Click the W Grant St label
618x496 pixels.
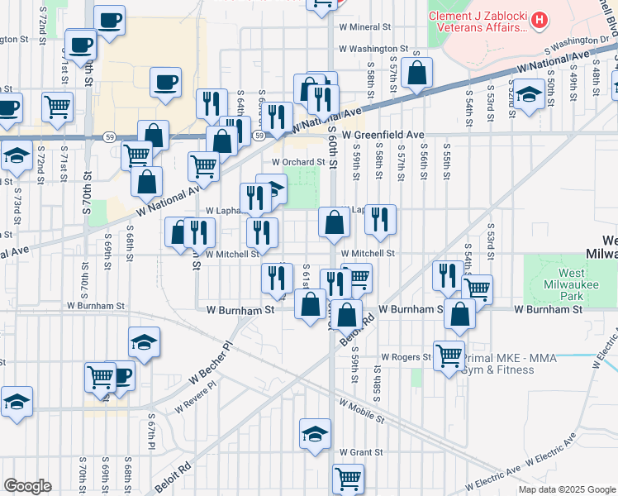(x=361, y=452)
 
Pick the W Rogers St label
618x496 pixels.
(x=406, y=358)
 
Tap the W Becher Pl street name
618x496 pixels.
(x=212, y=364)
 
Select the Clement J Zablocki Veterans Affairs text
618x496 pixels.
(x=477, y=21)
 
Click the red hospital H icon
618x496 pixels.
(x=540, y=18)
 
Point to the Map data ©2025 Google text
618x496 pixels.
(x=568, y=489)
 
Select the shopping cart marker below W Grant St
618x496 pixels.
(x=348, y=478)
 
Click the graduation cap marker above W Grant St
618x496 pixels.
(x=315, y=433)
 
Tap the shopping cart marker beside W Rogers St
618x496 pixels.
(x=449, y=355)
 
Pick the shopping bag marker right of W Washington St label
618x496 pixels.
(x=419, y=73)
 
